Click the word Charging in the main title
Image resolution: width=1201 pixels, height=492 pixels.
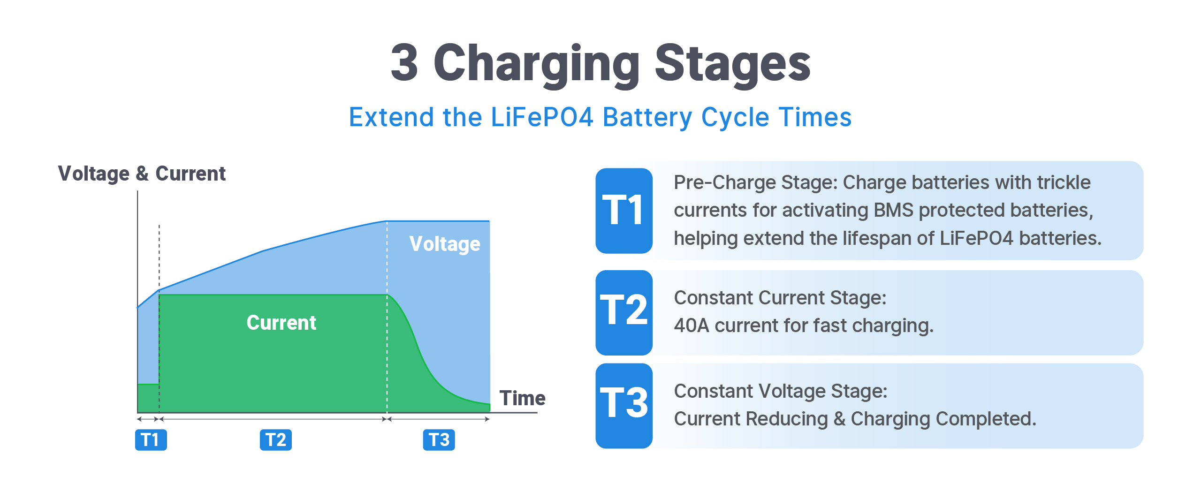tap(537, 64)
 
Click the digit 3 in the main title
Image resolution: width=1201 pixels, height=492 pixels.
tap(404, 62)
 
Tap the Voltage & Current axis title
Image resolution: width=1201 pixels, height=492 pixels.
tap(142, 174)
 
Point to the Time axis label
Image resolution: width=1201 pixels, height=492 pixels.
tap(523, 398)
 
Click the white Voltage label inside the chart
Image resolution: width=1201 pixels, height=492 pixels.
tap(445, 244)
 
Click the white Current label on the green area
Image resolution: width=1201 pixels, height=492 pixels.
tap(281, 323)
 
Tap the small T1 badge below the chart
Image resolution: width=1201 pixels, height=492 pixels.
tap(151, 440)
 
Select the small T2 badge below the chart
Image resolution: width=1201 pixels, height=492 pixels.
tap(276, 440)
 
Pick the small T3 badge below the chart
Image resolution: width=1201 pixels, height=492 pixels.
tap(439, 440)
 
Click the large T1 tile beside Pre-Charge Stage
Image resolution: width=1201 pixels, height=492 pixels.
tap(624, 211)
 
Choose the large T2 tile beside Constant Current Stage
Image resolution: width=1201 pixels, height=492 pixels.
tap(624, 312)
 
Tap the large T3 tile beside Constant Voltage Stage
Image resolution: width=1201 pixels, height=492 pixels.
tap(624, 406)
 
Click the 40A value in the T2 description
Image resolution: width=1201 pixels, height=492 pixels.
tap(692, 325)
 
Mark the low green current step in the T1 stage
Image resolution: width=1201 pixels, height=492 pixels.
tap(148, 398)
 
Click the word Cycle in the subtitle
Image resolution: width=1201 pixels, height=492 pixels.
tap(735, 118)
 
